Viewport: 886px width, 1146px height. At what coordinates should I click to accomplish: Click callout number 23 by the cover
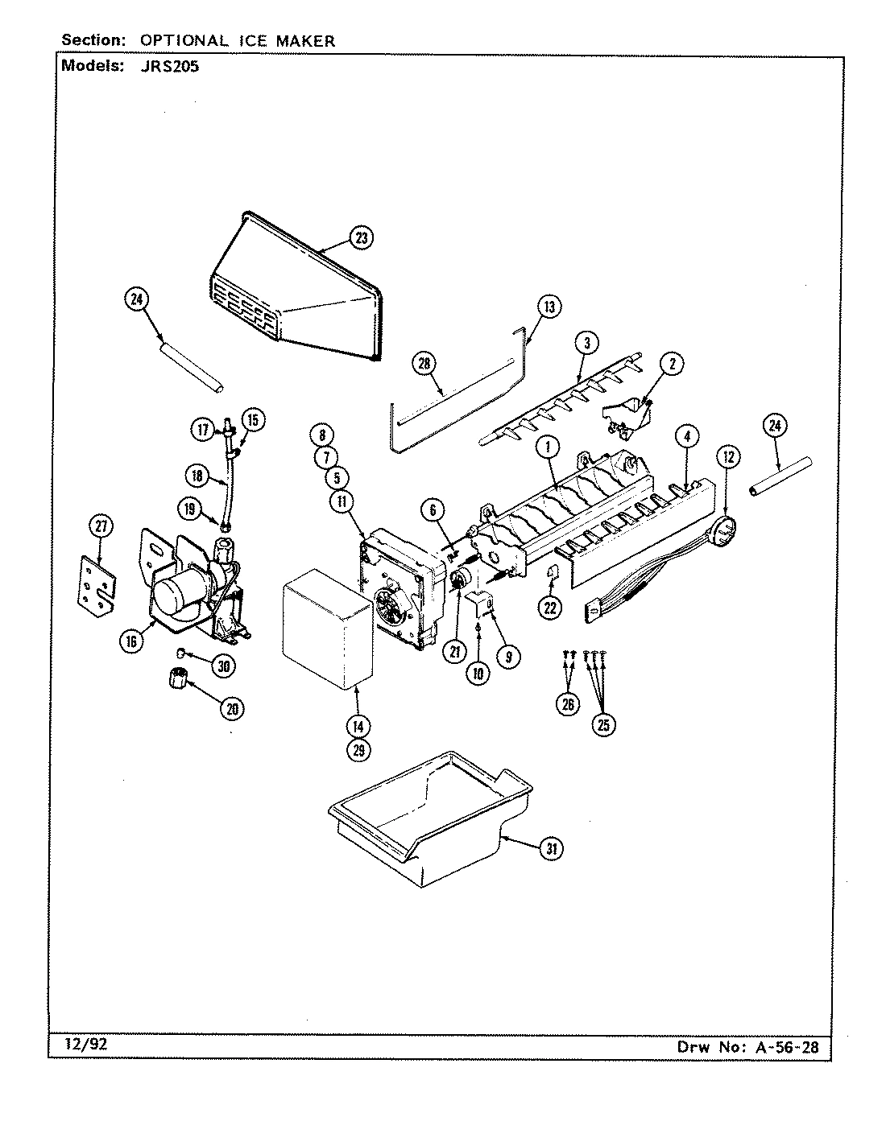[361, 237]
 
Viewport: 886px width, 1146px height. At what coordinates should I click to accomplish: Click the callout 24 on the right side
[775, 427]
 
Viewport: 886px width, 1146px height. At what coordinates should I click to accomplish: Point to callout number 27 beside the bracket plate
[100, 527]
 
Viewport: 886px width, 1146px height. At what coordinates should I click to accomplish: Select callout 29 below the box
[358, 750]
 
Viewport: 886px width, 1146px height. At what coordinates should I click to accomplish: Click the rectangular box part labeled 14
[326, 628]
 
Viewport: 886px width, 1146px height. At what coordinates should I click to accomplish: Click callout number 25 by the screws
[602, 723]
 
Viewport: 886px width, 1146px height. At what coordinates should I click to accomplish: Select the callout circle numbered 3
[587, 344]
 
